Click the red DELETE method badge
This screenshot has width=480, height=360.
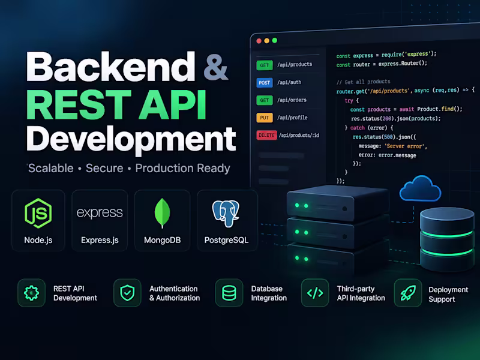266,135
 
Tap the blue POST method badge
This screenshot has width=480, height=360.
265,83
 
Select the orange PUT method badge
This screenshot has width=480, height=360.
265,118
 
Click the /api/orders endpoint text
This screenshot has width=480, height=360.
292,100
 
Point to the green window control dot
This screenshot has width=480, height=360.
275,40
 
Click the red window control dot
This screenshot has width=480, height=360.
259,41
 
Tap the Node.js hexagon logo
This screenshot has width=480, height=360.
38,214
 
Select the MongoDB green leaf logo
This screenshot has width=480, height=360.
162,213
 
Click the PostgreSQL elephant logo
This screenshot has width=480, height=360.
226,214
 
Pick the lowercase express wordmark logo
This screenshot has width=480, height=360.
100,212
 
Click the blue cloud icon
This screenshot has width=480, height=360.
421,188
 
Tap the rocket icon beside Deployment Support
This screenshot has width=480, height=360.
408,293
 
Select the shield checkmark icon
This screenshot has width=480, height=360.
127,293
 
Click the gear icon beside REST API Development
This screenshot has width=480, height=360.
32,293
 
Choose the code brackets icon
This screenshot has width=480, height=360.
315,293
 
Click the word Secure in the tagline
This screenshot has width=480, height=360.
104,168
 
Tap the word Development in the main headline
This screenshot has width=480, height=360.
131,139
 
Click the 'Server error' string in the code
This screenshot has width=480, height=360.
406,146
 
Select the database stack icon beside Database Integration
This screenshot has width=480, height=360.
229,293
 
